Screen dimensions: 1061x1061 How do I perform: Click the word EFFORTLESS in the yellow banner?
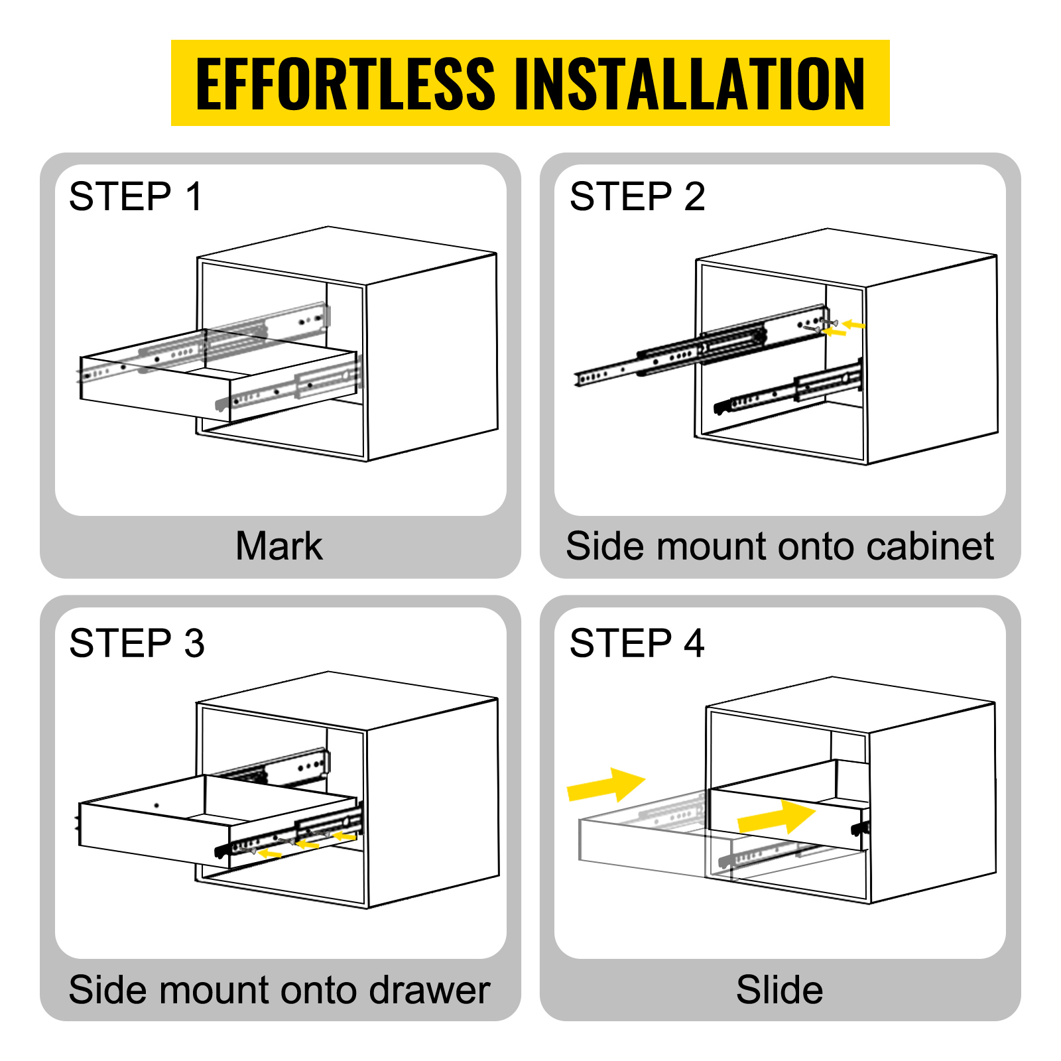345,84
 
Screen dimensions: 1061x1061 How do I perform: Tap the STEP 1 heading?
135,196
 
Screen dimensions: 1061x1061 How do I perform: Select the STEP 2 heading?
637,196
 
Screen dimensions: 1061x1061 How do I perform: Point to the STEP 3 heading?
137,643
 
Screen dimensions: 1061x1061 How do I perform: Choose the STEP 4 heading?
637,643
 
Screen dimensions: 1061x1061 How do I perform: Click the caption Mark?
279,546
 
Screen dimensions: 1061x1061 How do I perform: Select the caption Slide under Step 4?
779,990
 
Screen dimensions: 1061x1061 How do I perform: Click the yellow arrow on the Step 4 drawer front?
776,817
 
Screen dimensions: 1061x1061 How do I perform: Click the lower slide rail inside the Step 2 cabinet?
789,391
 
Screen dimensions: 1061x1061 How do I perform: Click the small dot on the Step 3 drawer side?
156,806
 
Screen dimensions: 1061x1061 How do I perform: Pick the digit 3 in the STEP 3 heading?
194,643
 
